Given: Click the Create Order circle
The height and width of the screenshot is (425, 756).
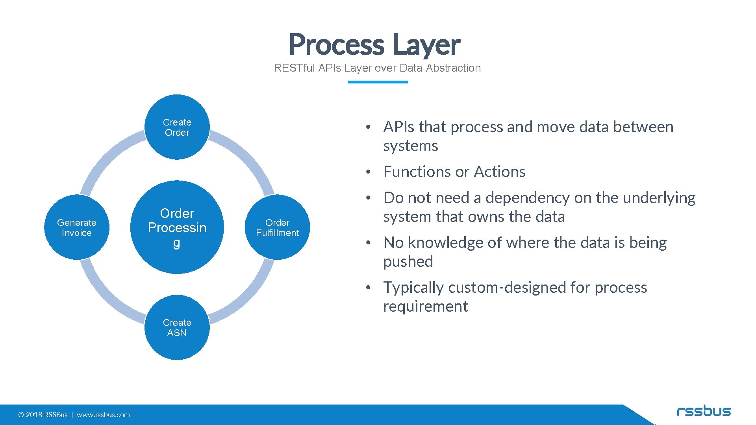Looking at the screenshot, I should tap(177, 127).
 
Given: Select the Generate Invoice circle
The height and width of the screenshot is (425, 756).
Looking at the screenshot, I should tap(77, 227).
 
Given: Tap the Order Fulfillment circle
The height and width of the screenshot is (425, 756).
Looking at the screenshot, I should tap(277, 227).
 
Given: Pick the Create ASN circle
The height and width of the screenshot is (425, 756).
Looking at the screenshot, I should tap(177, 327).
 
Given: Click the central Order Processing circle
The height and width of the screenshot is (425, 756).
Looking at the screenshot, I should tap(177, 227).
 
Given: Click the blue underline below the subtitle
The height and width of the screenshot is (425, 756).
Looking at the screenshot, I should tap(378, 82).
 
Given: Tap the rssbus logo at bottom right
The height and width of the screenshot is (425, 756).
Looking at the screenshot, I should tap(704, 411).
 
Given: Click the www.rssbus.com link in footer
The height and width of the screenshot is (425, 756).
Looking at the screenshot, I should tap(103, 415).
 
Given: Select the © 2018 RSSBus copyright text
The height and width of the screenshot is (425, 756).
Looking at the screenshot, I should tap(43, 415).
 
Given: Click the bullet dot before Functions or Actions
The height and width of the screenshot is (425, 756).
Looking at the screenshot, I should tap(368, 172).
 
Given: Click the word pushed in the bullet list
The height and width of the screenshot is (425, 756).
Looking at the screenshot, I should tap(408, 262).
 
